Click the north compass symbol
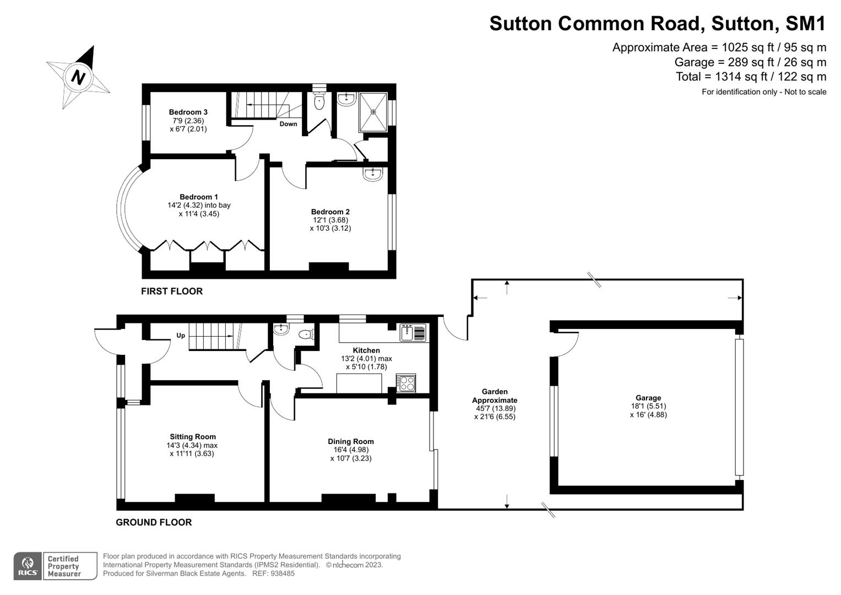[x=79, y=77]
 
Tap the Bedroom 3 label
[x=188, y=112]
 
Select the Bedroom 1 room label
[x=199, y=197]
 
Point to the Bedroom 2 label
[x=330, y=212]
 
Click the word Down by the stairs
[x=288, y=124]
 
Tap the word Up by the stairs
[x=181, y=336]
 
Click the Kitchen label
[x=366, y=350]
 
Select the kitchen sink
[x=413, y=333]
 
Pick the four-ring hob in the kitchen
[x=406, y=383]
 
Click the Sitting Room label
[x=193, y=437]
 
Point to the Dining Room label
[x=351, y=441]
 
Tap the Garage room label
[x=648, y=398]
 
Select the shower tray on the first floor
[x=373, y=112]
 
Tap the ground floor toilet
[x=305, y=334]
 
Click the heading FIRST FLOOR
[x=172, y=291]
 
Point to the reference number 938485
[x=281, y=574]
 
